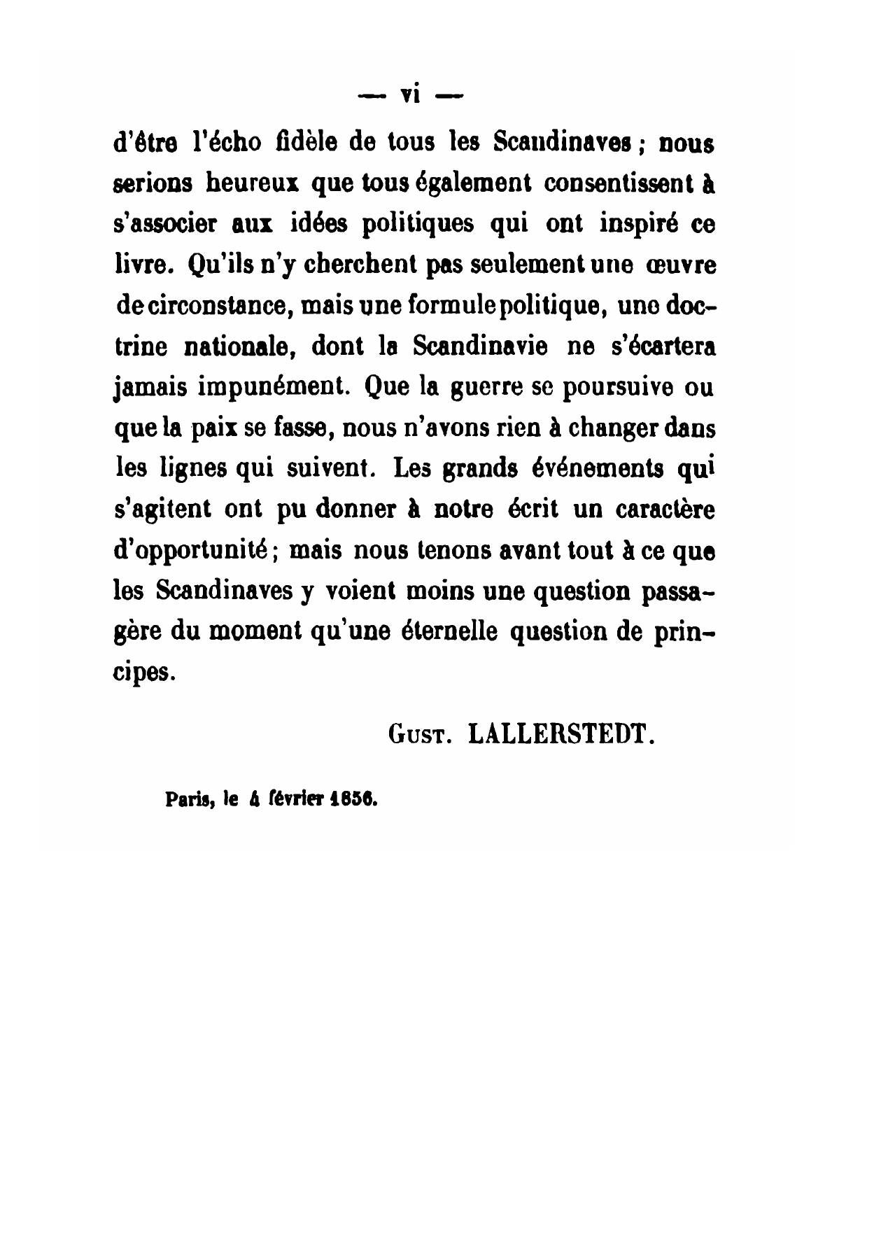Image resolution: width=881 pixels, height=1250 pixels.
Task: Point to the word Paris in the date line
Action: [x=184, y=799]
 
